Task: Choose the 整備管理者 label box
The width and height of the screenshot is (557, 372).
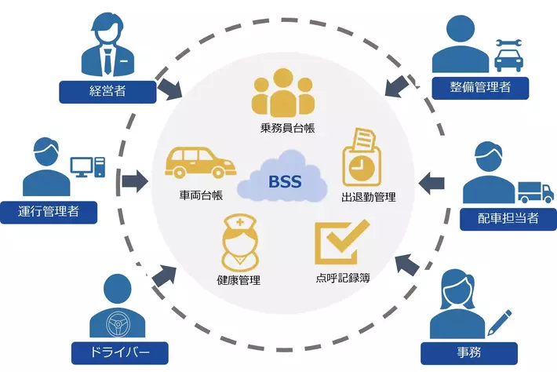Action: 481,86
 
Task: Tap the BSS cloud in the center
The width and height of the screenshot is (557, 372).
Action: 282,183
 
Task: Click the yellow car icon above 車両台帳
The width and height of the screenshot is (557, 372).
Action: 201,161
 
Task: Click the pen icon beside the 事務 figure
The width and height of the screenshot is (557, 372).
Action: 499,323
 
